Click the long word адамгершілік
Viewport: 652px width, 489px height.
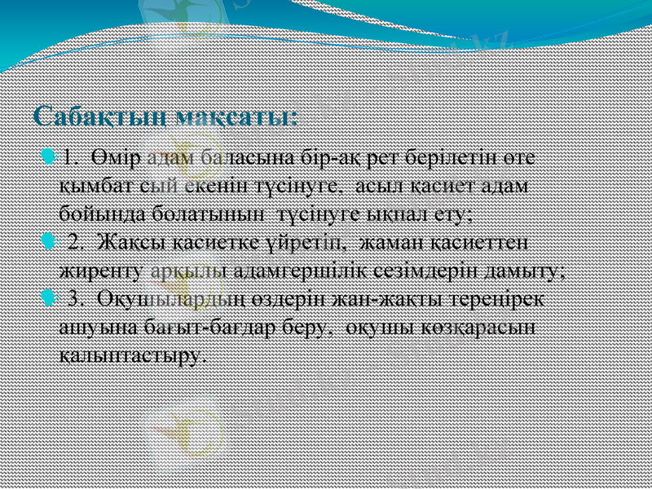308,270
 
